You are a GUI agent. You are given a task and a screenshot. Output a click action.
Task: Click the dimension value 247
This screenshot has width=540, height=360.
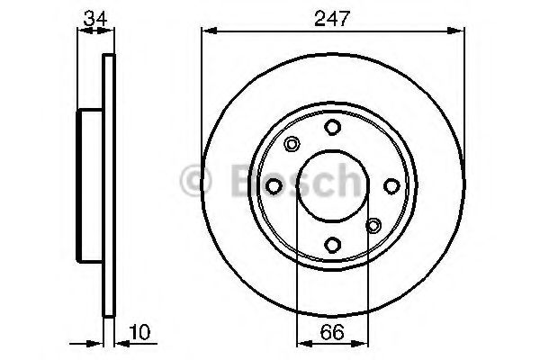coord(333,15)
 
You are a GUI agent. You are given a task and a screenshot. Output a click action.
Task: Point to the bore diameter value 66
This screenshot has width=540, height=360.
coord(333,331)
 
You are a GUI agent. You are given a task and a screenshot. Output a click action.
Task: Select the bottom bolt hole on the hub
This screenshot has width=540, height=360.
coord(333,243)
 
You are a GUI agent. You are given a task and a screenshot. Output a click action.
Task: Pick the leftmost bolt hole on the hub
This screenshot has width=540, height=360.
coord(274,184)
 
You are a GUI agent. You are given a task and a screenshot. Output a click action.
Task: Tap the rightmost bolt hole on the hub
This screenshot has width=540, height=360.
coord(391,184)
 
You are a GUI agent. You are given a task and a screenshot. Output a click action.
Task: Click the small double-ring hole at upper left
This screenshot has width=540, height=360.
coord(292,144)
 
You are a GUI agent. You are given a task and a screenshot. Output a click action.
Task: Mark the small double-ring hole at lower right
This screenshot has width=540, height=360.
coord(373,225)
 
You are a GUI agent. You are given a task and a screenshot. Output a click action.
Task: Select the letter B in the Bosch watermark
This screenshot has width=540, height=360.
coord(236,180)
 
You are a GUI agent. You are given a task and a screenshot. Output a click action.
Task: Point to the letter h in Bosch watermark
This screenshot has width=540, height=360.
coord(343,180)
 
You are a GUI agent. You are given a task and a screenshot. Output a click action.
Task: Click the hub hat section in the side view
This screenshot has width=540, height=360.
coord(91,184)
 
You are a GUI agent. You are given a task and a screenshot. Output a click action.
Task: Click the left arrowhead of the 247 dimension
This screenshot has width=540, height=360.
coord(204,31)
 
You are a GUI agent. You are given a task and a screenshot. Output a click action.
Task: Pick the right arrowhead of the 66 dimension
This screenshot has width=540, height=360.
coord(363,342)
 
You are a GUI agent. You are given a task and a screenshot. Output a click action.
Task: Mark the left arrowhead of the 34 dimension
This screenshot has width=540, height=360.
coord(84,31)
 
